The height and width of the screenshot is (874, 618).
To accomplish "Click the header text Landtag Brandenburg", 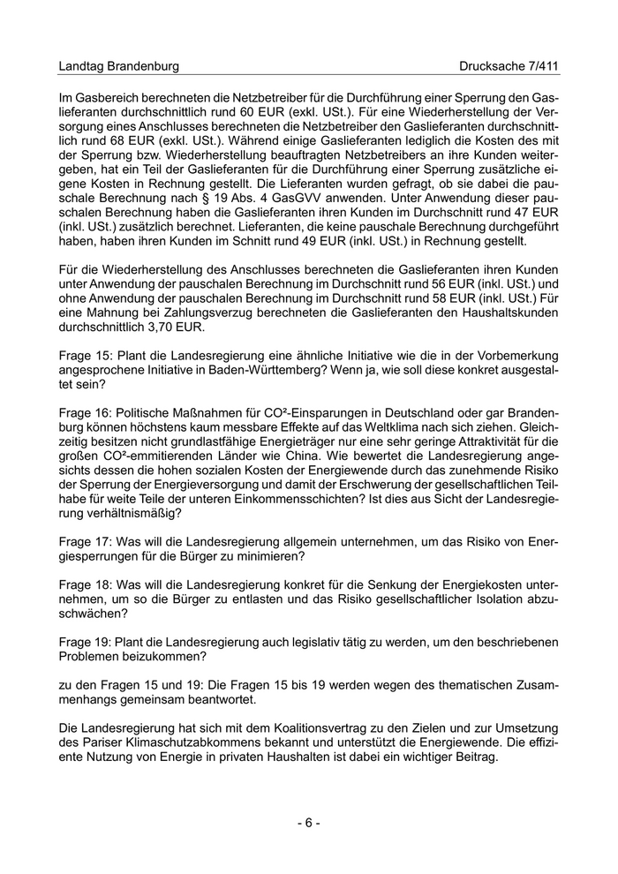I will click(118, 66).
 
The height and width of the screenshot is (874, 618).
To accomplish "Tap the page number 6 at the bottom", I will click(308, 823).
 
